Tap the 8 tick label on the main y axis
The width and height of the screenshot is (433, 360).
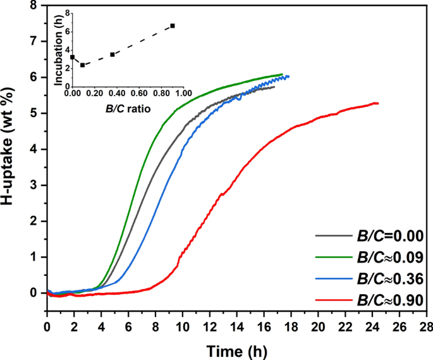[34, 6]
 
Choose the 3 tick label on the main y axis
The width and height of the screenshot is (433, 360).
[34, 185]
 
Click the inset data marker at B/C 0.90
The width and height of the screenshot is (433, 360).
[173, 26]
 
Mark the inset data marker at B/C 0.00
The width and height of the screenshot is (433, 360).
[72, 57]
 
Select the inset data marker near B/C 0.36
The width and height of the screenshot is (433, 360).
[113, 54]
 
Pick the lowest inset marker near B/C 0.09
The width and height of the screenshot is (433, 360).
[82, 65]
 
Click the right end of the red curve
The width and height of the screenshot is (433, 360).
[378, 103]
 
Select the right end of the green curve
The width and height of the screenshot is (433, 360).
[282, 74]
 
